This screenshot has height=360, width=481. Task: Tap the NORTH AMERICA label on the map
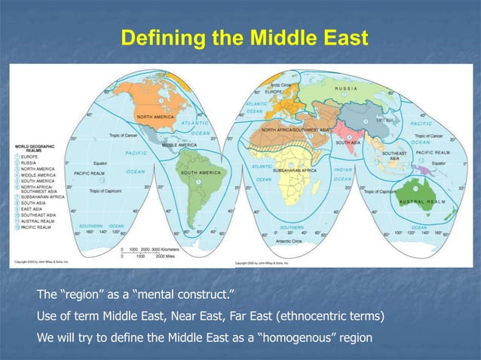click(x=155, y=117)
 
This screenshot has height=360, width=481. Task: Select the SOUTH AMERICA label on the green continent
click(x=199, y=172)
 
